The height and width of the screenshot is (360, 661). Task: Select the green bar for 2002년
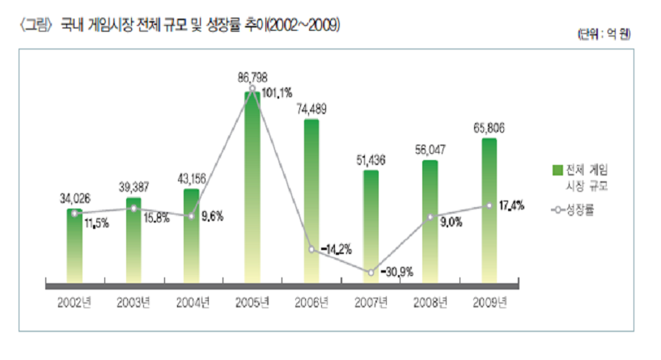(x=74, y=246)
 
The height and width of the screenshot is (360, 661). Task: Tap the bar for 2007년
(x=371, y=227)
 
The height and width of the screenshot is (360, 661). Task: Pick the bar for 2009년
(x=489, y=210)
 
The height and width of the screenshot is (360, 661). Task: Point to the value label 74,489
(x=312, y=108)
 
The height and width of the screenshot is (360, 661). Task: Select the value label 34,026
(x=74, y=197)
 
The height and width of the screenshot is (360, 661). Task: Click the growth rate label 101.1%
(x=276, y=93)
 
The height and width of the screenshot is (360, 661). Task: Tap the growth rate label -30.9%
(x=396, y=272)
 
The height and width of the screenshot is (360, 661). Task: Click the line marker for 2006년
(x=311, y=249)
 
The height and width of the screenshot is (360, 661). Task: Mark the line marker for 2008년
(x=430, y=218)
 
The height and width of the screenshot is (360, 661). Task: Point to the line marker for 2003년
(x=133, y=208)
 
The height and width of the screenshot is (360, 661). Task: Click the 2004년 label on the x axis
(x=193, y=303)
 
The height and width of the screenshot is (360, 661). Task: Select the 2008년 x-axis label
(x=430, y=303)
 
